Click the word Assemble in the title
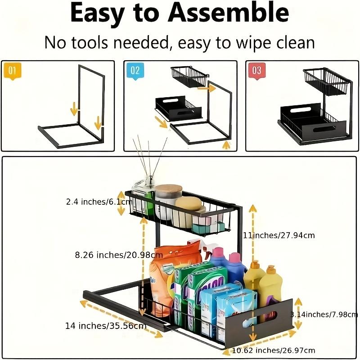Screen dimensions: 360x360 click(x=229, y=14)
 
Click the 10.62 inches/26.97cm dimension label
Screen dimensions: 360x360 click(x=274, y=350)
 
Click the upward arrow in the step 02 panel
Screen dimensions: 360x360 click(x=226, y=144)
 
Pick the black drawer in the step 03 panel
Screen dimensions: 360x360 click(x=301, y=124)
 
